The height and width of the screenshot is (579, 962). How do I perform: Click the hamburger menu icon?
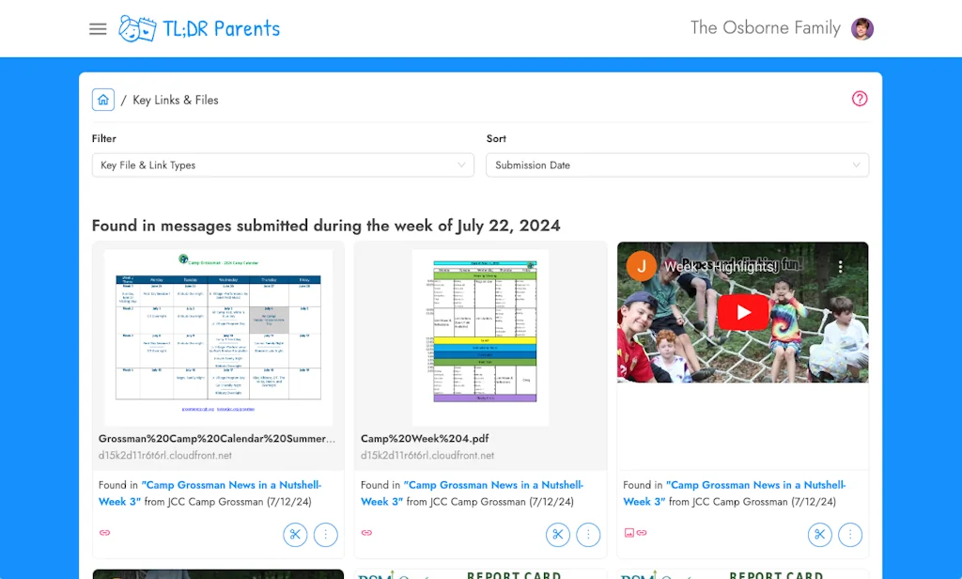(98, 29)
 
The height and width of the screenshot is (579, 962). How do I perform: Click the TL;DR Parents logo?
(200, 29)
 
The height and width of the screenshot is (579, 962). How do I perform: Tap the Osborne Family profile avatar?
(862, 29)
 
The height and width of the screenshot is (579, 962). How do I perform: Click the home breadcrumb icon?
(103, 100)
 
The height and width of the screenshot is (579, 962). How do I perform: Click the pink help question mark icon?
(860, 99)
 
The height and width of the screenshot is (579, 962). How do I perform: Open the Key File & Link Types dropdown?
(283, 165)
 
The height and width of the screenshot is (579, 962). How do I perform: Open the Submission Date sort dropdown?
(677, 165)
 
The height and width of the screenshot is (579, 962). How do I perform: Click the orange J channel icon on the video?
(642, 266)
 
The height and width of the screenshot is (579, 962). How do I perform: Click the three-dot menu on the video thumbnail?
(841, 267)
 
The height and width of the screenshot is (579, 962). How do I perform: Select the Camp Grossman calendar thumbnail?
(218, 336)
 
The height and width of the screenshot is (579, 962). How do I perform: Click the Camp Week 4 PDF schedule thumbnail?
(480, 336)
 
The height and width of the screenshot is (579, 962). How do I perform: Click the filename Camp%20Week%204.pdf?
(425, 439)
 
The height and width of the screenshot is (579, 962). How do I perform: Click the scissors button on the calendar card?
(295, 535)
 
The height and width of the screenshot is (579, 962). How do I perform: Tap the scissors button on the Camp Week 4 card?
(558, 535)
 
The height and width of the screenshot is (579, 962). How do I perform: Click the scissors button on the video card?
(820, 535)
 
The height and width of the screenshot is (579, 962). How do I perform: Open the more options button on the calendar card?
(325, 535)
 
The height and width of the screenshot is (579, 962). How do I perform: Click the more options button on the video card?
(850, 535)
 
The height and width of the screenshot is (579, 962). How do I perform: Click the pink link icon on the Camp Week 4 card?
(366, 533)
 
